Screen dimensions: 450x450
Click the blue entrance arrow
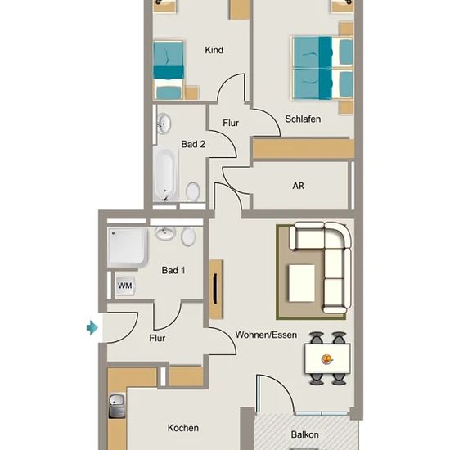coord(92,327)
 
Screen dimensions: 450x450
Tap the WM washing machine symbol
coord(125,286)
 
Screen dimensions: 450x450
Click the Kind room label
coord(214,50)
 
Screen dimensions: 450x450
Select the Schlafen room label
coord(303,119)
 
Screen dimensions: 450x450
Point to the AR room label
coord(298,186)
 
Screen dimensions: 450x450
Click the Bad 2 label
coord(193,144)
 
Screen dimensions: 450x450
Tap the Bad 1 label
coord(173,270)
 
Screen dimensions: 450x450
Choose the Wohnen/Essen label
coord(266,335)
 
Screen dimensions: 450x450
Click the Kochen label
coord(183,428)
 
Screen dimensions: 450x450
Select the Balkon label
coord(305,434)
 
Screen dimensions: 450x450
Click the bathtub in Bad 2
coord(164,174)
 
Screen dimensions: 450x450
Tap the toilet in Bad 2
coord(193,191)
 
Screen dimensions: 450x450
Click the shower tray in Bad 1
coord(128,247)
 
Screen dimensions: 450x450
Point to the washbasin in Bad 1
coord(164,232)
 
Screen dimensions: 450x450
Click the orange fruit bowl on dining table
coord(327,358)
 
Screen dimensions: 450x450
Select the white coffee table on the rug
coord(302,283)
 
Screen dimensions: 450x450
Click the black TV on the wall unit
coord(215,289)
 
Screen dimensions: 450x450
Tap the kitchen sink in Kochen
coord(117,406)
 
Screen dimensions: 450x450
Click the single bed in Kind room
coord(169,70)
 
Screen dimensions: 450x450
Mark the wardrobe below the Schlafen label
coord(303,148)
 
